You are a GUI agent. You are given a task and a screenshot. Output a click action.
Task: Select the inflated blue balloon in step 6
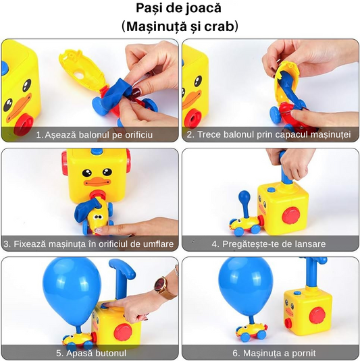(x=247, y=286)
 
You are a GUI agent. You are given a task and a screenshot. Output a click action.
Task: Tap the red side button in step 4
(x=291, y=215)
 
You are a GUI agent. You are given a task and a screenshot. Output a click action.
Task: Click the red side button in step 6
(x=317, y=315)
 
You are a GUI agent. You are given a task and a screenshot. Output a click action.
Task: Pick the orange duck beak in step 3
(x=97, y=182)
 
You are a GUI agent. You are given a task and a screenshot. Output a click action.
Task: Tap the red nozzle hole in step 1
(x=24, y=125)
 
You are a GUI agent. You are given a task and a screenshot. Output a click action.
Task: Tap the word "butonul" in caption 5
(x=111, y=353)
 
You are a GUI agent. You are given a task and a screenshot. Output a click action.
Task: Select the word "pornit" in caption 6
(x=303, y=353)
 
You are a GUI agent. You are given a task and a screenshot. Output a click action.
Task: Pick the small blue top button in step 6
(x=297, y=293)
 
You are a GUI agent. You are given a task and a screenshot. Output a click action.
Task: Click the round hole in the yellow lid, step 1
(x=80, y=76)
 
